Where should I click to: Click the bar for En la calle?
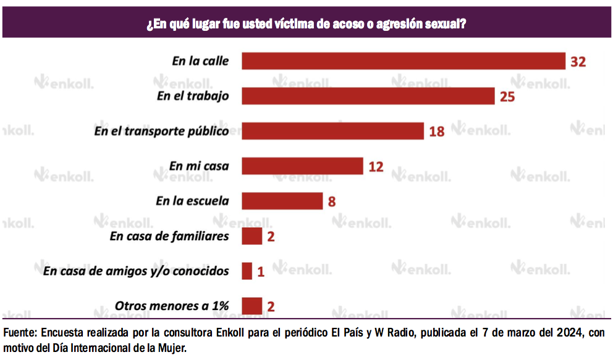click(x=404, y=61)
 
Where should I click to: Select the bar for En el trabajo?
click(x=368, y=96)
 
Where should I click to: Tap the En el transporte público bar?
click(x=332, y=131)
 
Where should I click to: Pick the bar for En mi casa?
click(x=302, y=166)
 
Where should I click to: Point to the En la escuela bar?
click(x=282, y=201)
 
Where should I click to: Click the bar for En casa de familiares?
click(x=252, y=237)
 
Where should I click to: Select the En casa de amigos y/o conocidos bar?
click(x=247, y=271)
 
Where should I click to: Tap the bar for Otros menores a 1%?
click(x=252, y=306)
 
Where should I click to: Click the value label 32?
click(x=578, y=62)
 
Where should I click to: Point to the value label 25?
click(x=507, y=97)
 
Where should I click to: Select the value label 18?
click(x=437, y=132)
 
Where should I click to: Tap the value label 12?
click(x=376, y=167)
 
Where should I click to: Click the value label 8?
click(x=332, y=202)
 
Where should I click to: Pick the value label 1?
click(x=261, y=272)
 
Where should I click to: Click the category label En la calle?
click(x=200, y=61)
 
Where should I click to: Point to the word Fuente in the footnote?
click(x=20, y=333)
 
